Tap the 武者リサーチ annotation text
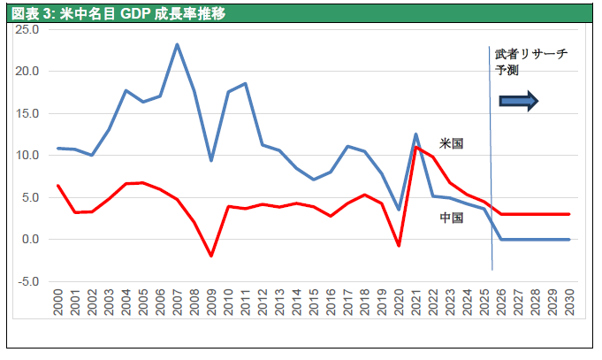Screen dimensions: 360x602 click(530, 54)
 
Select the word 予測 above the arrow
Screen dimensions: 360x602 click(508, 70)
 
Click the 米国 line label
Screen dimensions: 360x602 click(452, 142)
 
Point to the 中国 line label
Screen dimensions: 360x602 click(452, 218)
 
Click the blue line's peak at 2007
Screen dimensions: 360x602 click(177, 44)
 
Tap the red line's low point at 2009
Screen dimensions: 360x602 click(211, 256)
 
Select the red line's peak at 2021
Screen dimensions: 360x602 click(415, 148)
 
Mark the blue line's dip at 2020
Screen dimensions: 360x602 click(399, 210)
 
